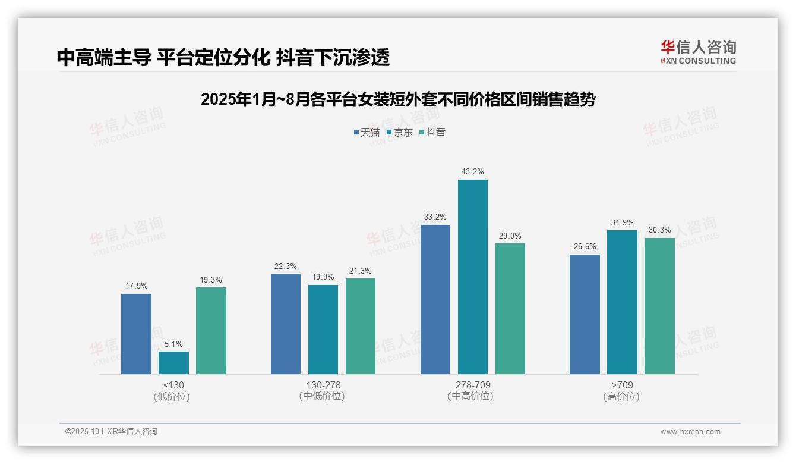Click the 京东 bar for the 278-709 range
[x=472, y=277]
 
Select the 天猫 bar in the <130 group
[x=136, y=334]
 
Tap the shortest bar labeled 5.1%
[x=173, y=363]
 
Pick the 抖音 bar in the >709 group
[x=659, y=306]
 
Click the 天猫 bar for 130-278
[x=286, y=324]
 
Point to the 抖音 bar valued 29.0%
[x=510, y=309]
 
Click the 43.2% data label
[x=473, y=172]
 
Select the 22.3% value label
[x=286, y=266]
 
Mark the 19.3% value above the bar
[x=211, y=280]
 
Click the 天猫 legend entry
[x=366, y=132]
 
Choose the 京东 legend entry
[x=399, y=132]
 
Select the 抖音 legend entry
[x=432, y=132]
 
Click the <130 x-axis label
[x=173, y=385]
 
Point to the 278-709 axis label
[x=472, y=385]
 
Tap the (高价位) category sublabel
[x=621, y=397]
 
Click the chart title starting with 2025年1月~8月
[x=398, y=99]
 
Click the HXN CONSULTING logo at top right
[x=698, y=52]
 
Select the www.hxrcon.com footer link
[x=690, y=432]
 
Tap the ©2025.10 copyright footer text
[x=111, y=432]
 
